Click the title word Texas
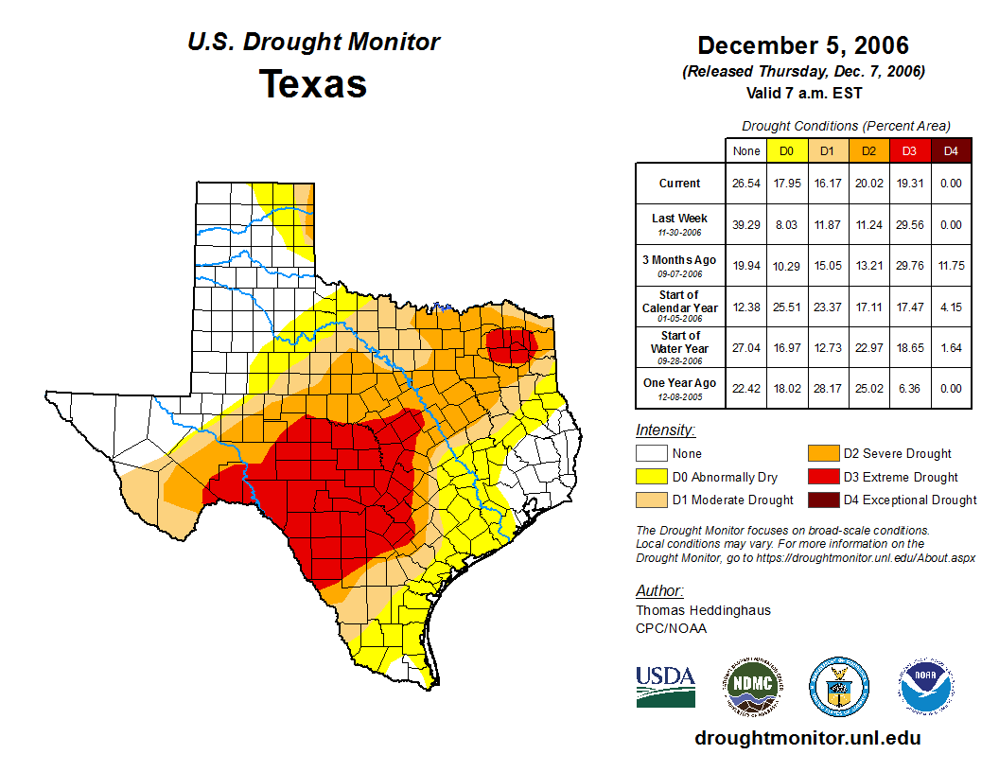coord(313,84)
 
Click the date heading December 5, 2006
coord(803,45)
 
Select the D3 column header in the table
coord(909,150)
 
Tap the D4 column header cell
coord(951,150)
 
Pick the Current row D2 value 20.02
coord(868,184)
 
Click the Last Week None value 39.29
coord(745,225)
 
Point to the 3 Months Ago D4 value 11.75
coord(951,266)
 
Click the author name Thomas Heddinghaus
coord(703,610)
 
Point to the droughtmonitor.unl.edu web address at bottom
coord(807,738)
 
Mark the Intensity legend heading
coord(665,430)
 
